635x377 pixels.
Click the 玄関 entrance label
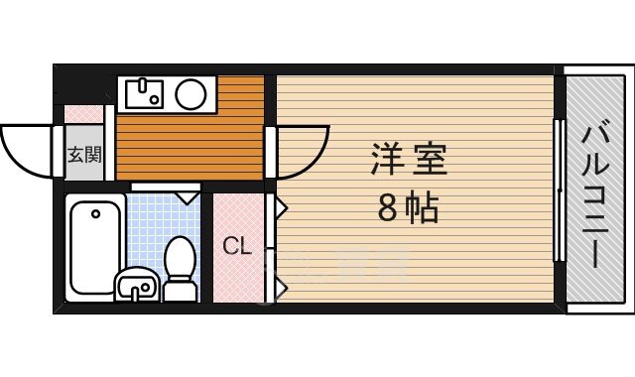(84, 155)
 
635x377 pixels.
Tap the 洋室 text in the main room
(409, 160)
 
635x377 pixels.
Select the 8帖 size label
(408, 207)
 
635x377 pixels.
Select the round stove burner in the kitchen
(190, 95)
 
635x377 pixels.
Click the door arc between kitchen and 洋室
(302, 149)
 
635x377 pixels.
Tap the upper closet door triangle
(281, 209)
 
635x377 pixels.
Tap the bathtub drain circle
(94, 212)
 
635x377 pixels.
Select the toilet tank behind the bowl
(180, 291)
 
